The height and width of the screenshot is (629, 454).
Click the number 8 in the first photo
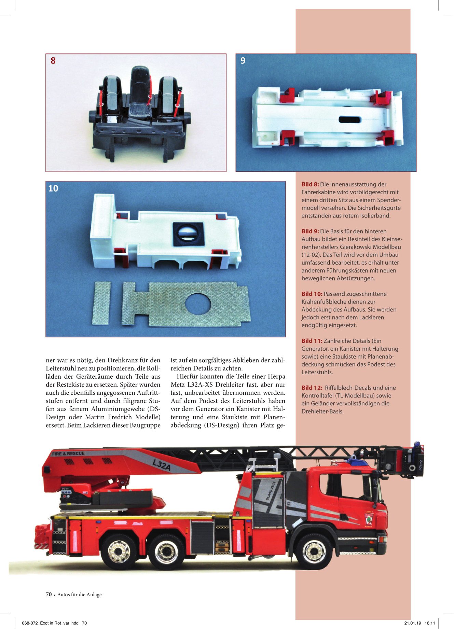point(53,61)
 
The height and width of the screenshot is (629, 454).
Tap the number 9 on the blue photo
point(243,61)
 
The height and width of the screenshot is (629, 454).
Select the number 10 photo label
point(53,188)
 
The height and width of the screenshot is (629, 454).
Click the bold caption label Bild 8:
point(310,184)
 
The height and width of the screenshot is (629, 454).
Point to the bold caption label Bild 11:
point(312,341)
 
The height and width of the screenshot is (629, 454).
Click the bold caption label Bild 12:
point(312,388)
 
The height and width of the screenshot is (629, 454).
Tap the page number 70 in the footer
point(49,594)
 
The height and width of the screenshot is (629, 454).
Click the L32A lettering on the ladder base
point(162,465)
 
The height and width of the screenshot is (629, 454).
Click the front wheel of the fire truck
point(314,550)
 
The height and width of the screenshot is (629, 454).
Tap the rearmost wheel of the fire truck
point(119,550)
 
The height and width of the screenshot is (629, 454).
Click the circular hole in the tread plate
point(198,304)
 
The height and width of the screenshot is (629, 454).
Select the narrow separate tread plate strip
point(101,303)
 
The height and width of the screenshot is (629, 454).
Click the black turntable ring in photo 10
point(189,234)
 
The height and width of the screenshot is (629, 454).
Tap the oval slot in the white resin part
point(350,120)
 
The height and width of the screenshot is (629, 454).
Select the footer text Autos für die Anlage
point(79,595)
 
